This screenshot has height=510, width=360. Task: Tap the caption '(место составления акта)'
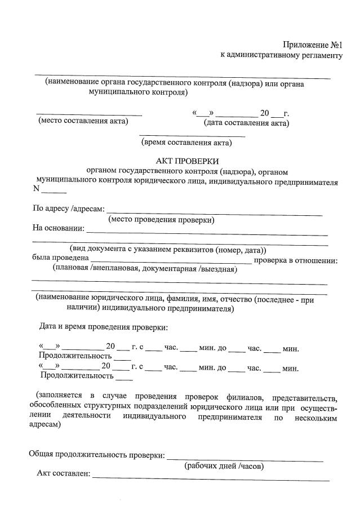coord(83,121)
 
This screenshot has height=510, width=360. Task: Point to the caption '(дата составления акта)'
coord(247,123)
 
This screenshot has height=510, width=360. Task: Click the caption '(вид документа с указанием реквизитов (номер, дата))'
coord(168,249)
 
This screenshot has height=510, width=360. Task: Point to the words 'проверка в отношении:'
coord(296,260)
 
